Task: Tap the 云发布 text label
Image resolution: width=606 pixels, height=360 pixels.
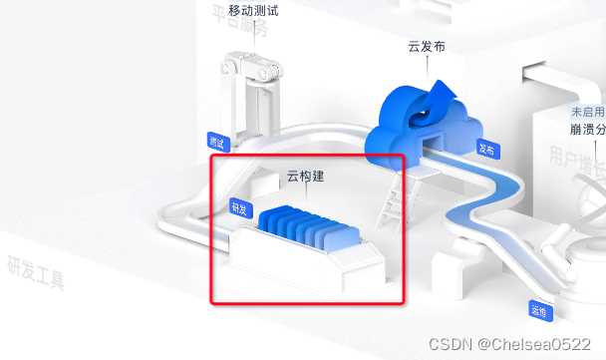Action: click(x=428, y=47)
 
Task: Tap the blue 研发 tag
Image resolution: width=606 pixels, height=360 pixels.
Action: click(x=239, y=207)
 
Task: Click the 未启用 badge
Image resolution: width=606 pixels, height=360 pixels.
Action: click(x=586, y=113)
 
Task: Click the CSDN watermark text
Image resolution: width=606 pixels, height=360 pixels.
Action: click(x=450, y=343)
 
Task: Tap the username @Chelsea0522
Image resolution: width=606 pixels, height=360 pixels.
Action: click(x=534, y=343)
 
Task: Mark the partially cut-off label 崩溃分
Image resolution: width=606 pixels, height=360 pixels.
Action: click(x=586, y=131)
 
